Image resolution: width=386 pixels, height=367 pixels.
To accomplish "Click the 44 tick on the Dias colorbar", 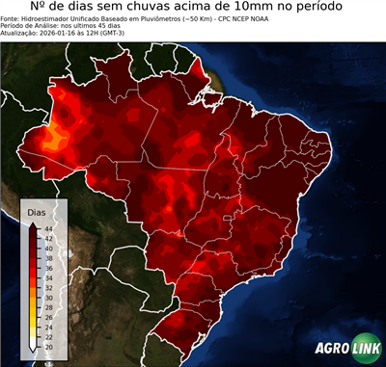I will click(48, 228).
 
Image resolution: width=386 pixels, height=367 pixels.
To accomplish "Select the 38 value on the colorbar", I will click(48, 257).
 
